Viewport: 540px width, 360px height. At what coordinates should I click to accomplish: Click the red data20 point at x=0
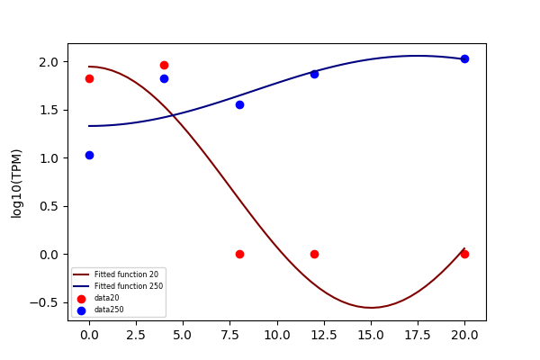(x=89, y=79)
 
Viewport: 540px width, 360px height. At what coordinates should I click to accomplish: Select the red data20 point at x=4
(x=165, y=65)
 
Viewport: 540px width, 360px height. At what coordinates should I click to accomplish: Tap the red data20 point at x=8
(x=239, y=254)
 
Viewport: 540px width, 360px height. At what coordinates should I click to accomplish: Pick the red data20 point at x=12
(x=314, y=254)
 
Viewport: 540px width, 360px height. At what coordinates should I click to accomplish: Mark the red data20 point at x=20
(x=464, y=254)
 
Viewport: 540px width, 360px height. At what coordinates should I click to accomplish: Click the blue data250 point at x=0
(x=89, y=156)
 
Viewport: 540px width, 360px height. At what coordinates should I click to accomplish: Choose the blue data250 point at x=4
(x=165, y=79)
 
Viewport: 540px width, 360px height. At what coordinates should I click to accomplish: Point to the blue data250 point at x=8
(x=239, y=104)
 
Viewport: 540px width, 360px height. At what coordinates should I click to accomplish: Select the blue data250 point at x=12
(x=314, y=74)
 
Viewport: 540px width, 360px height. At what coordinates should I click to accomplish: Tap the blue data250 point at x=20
(x=464, y=58)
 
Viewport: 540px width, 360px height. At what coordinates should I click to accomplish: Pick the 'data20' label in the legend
(x=107, y=298)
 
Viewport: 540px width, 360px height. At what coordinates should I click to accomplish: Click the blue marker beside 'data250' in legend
(x=81, y=310)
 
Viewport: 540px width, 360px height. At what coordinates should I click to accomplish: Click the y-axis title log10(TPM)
(x=16, y=184)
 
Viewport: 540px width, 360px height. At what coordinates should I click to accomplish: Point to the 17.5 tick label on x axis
(x=418, y=335)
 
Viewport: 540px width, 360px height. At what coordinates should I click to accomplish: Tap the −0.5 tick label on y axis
(x=44, y=302)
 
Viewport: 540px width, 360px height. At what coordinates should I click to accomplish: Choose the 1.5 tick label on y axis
(x=49, y=110)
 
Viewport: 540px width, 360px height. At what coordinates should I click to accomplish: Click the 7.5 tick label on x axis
(x=239, y=335)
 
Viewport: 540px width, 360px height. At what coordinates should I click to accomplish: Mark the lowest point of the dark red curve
(x=371, y=307)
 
